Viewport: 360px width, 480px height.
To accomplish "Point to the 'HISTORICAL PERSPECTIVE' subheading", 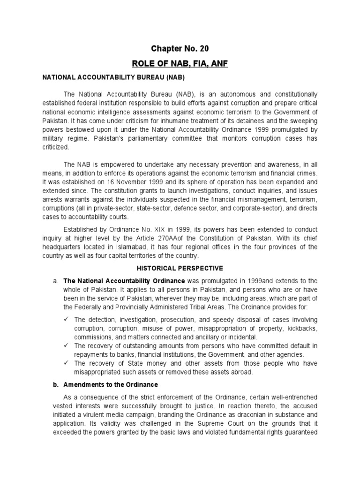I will (180, 268).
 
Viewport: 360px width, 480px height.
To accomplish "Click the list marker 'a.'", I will (55, 280).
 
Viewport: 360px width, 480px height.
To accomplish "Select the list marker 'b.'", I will (55, 384).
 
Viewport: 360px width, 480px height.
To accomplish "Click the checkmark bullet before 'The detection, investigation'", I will (67, 319).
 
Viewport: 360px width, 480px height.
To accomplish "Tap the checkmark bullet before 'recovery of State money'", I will (67, 363).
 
